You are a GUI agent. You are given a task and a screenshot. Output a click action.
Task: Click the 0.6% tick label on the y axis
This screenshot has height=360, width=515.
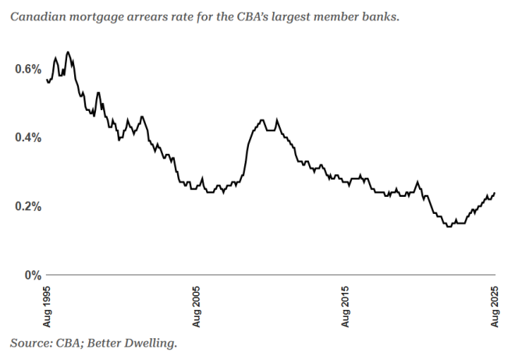coord(27,69)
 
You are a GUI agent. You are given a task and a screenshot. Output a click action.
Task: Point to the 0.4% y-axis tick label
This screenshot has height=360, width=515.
coord(27,137)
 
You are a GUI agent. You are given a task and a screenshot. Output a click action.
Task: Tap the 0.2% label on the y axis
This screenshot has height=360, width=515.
coord(27,206)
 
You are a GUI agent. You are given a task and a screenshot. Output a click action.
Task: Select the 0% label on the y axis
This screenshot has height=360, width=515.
coord(32,275)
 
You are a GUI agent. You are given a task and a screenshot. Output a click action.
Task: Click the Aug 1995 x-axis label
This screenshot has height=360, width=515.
coord(48,307)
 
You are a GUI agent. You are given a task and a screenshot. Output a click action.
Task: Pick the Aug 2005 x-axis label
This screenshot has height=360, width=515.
coord(197,307)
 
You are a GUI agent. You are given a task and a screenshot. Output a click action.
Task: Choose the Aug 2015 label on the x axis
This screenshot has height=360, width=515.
coord(346,307)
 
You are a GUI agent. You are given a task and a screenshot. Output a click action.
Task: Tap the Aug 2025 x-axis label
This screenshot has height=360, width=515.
coord(495,307)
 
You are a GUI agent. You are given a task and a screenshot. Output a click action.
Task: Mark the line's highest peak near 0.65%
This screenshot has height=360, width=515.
coord(68,52)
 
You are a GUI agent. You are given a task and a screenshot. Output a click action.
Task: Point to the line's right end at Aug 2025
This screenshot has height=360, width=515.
coord(495,193)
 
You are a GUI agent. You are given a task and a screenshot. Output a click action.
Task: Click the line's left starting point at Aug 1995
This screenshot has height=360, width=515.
coord(48,80)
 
